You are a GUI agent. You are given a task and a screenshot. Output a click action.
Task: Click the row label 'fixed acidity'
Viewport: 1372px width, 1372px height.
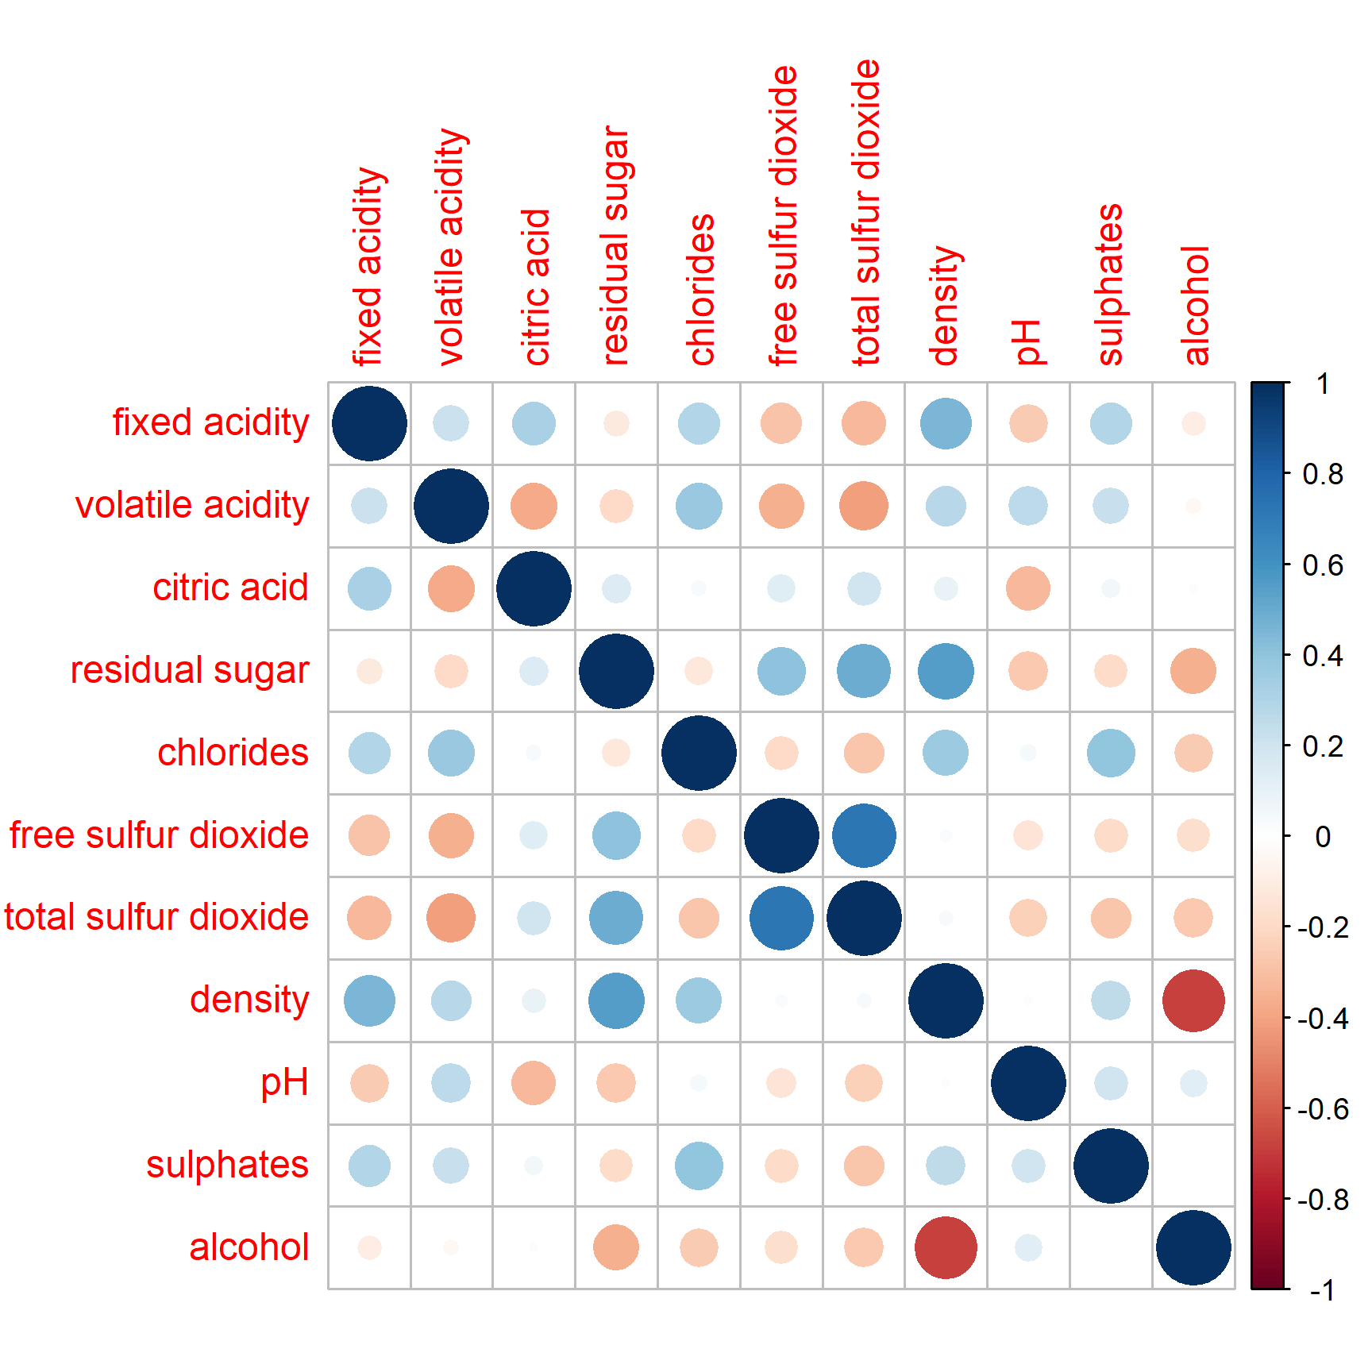(210, 422)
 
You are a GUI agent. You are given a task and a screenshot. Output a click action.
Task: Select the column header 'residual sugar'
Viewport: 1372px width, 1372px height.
(616, 246)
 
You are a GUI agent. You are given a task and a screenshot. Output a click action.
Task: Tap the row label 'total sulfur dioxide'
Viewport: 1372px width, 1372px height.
(156, 917)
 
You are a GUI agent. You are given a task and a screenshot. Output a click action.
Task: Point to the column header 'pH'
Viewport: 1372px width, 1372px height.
(1027, 342)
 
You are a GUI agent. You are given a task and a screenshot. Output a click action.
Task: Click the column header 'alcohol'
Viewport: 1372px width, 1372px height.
(1195, 306)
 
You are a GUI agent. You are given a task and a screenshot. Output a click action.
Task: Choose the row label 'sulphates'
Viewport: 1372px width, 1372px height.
(227, 1165)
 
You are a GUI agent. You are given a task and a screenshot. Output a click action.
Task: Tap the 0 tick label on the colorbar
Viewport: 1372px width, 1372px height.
(1322, 837)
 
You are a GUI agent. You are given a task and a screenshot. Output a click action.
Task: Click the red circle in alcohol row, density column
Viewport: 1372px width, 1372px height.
(946, 1247)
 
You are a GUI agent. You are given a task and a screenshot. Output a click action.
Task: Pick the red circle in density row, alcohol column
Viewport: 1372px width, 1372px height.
(1193, 1000)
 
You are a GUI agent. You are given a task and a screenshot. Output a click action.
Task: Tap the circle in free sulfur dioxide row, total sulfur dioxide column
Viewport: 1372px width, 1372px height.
(864, 835)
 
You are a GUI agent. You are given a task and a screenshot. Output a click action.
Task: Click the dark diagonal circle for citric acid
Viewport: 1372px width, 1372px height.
(534, 588)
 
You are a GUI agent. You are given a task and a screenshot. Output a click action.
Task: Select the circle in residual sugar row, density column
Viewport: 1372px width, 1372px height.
(946, 671)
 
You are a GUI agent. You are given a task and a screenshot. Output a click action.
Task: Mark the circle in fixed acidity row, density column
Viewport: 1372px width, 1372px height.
(946, 423)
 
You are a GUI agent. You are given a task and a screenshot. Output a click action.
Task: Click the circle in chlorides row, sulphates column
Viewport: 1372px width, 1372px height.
(1111, 753)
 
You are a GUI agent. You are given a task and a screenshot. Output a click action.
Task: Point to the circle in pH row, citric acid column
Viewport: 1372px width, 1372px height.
(534, 1083)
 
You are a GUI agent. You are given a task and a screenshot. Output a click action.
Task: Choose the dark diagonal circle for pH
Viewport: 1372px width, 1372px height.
(1028, 1083)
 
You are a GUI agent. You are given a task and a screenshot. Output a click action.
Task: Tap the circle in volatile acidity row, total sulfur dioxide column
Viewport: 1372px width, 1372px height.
(864, 506)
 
